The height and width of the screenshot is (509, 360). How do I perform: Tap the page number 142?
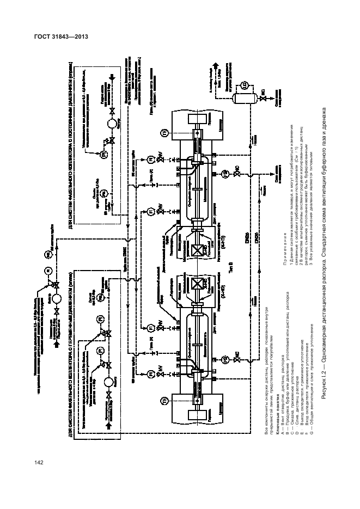(38, 463)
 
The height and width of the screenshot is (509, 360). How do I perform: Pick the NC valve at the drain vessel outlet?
(261, 99)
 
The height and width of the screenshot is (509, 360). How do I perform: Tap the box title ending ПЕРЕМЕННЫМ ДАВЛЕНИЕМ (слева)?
(72, 323)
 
